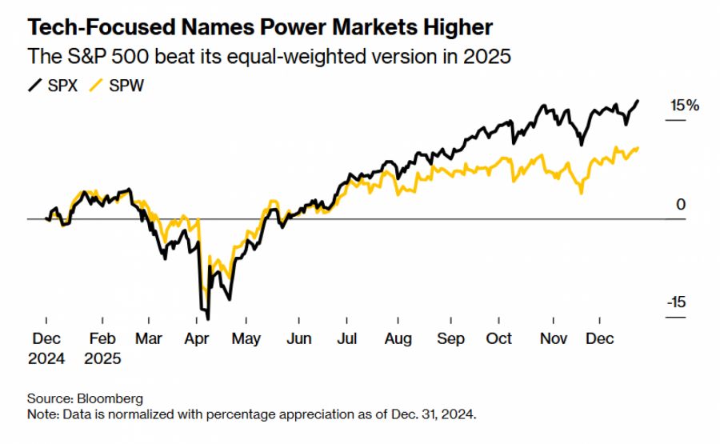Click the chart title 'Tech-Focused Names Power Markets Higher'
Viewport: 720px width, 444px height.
[260, 28]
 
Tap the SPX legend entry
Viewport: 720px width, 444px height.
[53, 86]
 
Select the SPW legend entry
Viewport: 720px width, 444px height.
[117, 86]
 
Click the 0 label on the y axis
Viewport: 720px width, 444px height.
[681, 205]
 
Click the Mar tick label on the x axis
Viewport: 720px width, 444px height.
[148, 339]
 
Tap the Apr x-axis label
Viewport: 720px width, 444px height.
[197, 339]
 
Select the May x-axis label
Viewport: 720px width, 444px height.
[246, 339]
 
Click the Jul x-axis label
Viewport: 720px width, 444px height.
[346, 339]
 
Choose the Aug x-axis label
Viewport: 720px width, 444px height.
[398, 339]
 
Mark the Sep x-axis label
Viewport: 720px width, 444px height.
[450, 339]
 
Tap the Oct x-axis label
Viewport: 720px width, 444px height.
[499, 339]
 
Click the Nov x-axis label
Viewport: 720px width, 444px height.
[553, 339]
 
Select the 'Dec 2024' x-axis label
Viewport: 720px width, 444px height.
[46, 349]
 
